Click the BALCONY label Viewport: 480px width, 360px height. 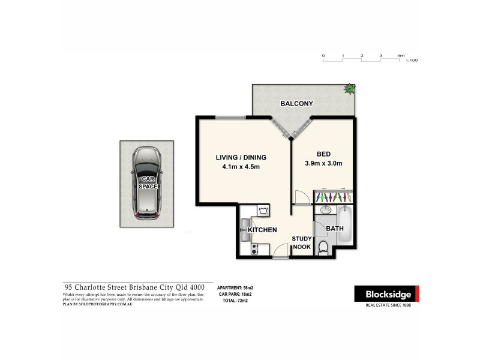[297, 104]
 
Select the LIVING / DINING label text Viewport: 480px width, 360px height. [241, 158]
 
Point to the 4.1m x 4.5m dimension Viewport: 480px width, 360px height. [241, 167]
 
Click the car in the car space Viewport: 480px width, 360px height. [146, 182]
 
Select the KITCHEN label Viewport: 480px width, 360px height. [262, 230]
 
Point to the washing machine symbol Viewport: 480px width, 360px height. [263, 210]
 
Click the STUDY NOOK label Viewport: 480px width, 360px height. [301, 242]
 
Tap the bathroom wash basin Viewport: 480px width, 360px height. [326, 211]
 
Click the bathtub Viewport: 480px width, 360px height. [346, 224]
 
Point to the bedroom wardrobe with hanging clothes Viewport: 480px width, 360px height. [333, 197]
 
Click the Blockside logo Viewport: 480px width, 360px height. [386, 293]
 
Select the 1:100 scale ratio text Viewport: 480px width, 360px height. [412, 61]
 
